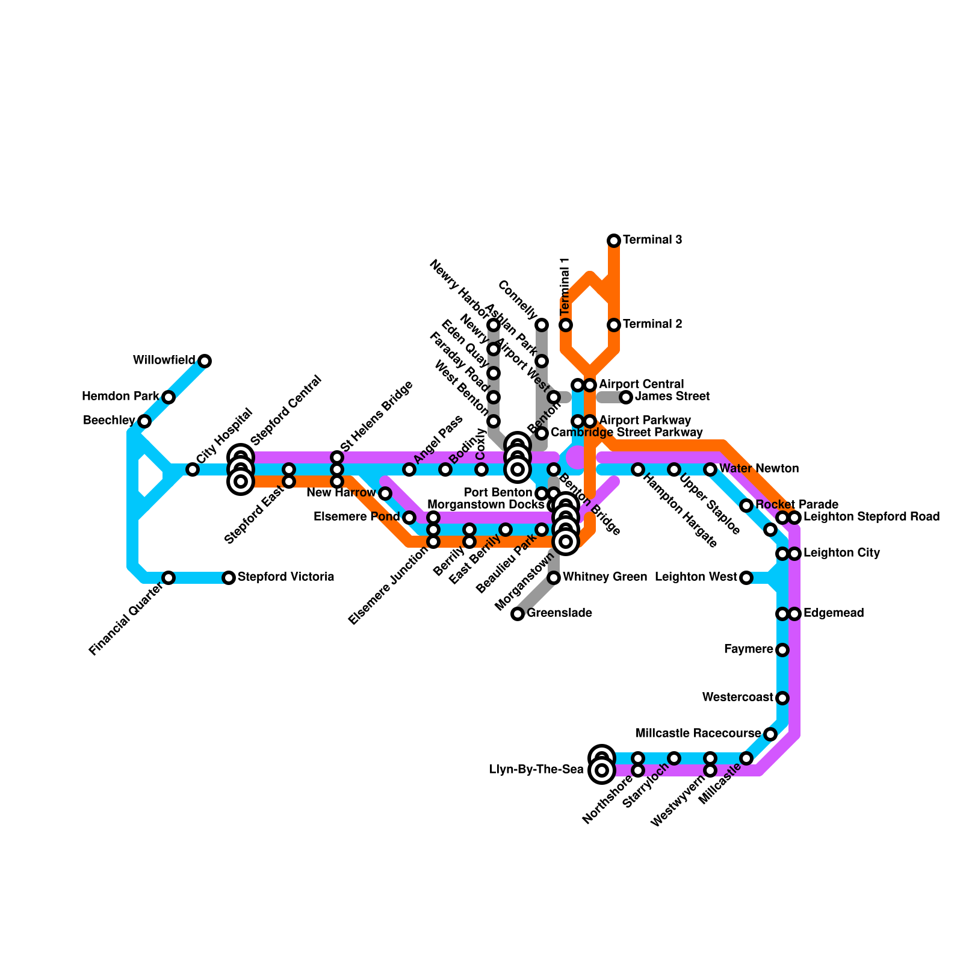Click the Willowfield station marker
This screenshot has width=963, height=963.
pos(205,361)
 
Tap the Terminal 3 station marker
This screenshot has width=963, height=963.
pos(614,241)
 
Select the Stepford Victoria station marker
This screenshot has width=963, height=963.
pos(229,578)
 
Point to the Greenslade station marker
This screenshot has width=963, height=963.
pos(518,614)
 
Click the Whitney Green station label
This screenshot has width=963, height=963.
pos(604,578)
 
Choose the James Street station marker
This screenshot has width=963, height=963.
pos(626,397)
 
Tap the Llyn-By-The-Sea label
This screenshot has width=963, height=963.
pos(536,770)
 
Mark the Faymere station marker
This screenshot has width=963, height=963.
pos(782,650)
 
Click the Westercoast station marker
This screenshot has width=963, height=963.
pos(782,698)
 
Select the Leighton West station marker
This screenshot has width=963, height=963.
pos(746,578)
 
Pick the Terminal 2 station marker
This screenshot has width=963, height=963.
pos(614,325)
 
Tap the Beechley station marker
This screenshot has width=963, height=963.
pos(144,421)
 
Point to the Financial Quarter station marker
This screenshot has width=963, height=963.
pos(169,578)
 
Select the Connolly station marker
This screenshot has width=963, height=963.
pos(542,325)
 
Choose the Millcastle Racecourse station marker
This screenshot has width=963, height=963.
pos(770,734)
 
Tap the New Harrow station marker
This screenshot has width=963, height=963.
pos(385,494)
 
